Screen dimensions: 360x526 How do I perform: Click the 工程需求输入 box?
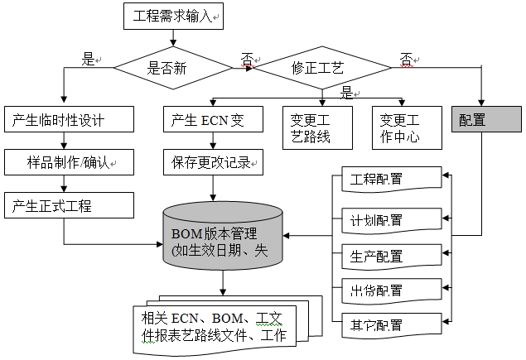[x=173, y=16]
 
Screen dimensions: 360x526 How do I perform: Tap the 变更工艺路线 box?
[x=311, y=128]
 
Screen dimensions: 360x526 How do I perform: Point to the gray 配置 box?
[x=486, y=120]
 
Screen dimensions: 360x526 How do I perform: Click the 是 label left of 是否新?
[x=87, y=60]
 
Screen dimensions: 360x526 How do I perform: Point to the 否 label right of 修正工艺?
[x=406, y=60]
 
